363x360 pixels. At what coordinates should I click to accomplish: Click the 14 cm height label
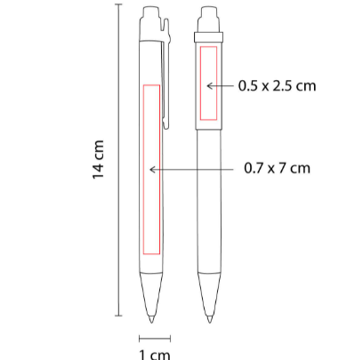(99, 160)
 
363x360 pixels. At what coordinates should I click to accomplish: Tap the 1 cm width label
(155, 355)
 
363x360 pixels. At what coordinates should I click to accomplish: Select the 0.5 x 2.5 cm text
(278, 86)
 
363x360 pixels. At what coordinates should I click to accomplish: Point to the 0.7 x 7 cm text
(278, 168)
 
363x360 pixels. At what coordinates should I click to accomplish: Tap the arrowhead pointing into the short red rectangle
(209, 86)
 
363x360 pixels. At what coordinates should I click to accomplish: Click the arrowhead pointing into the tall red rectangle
(152, 170)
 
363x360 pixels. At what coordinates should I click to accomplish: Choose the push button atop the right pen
(210, 19)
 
